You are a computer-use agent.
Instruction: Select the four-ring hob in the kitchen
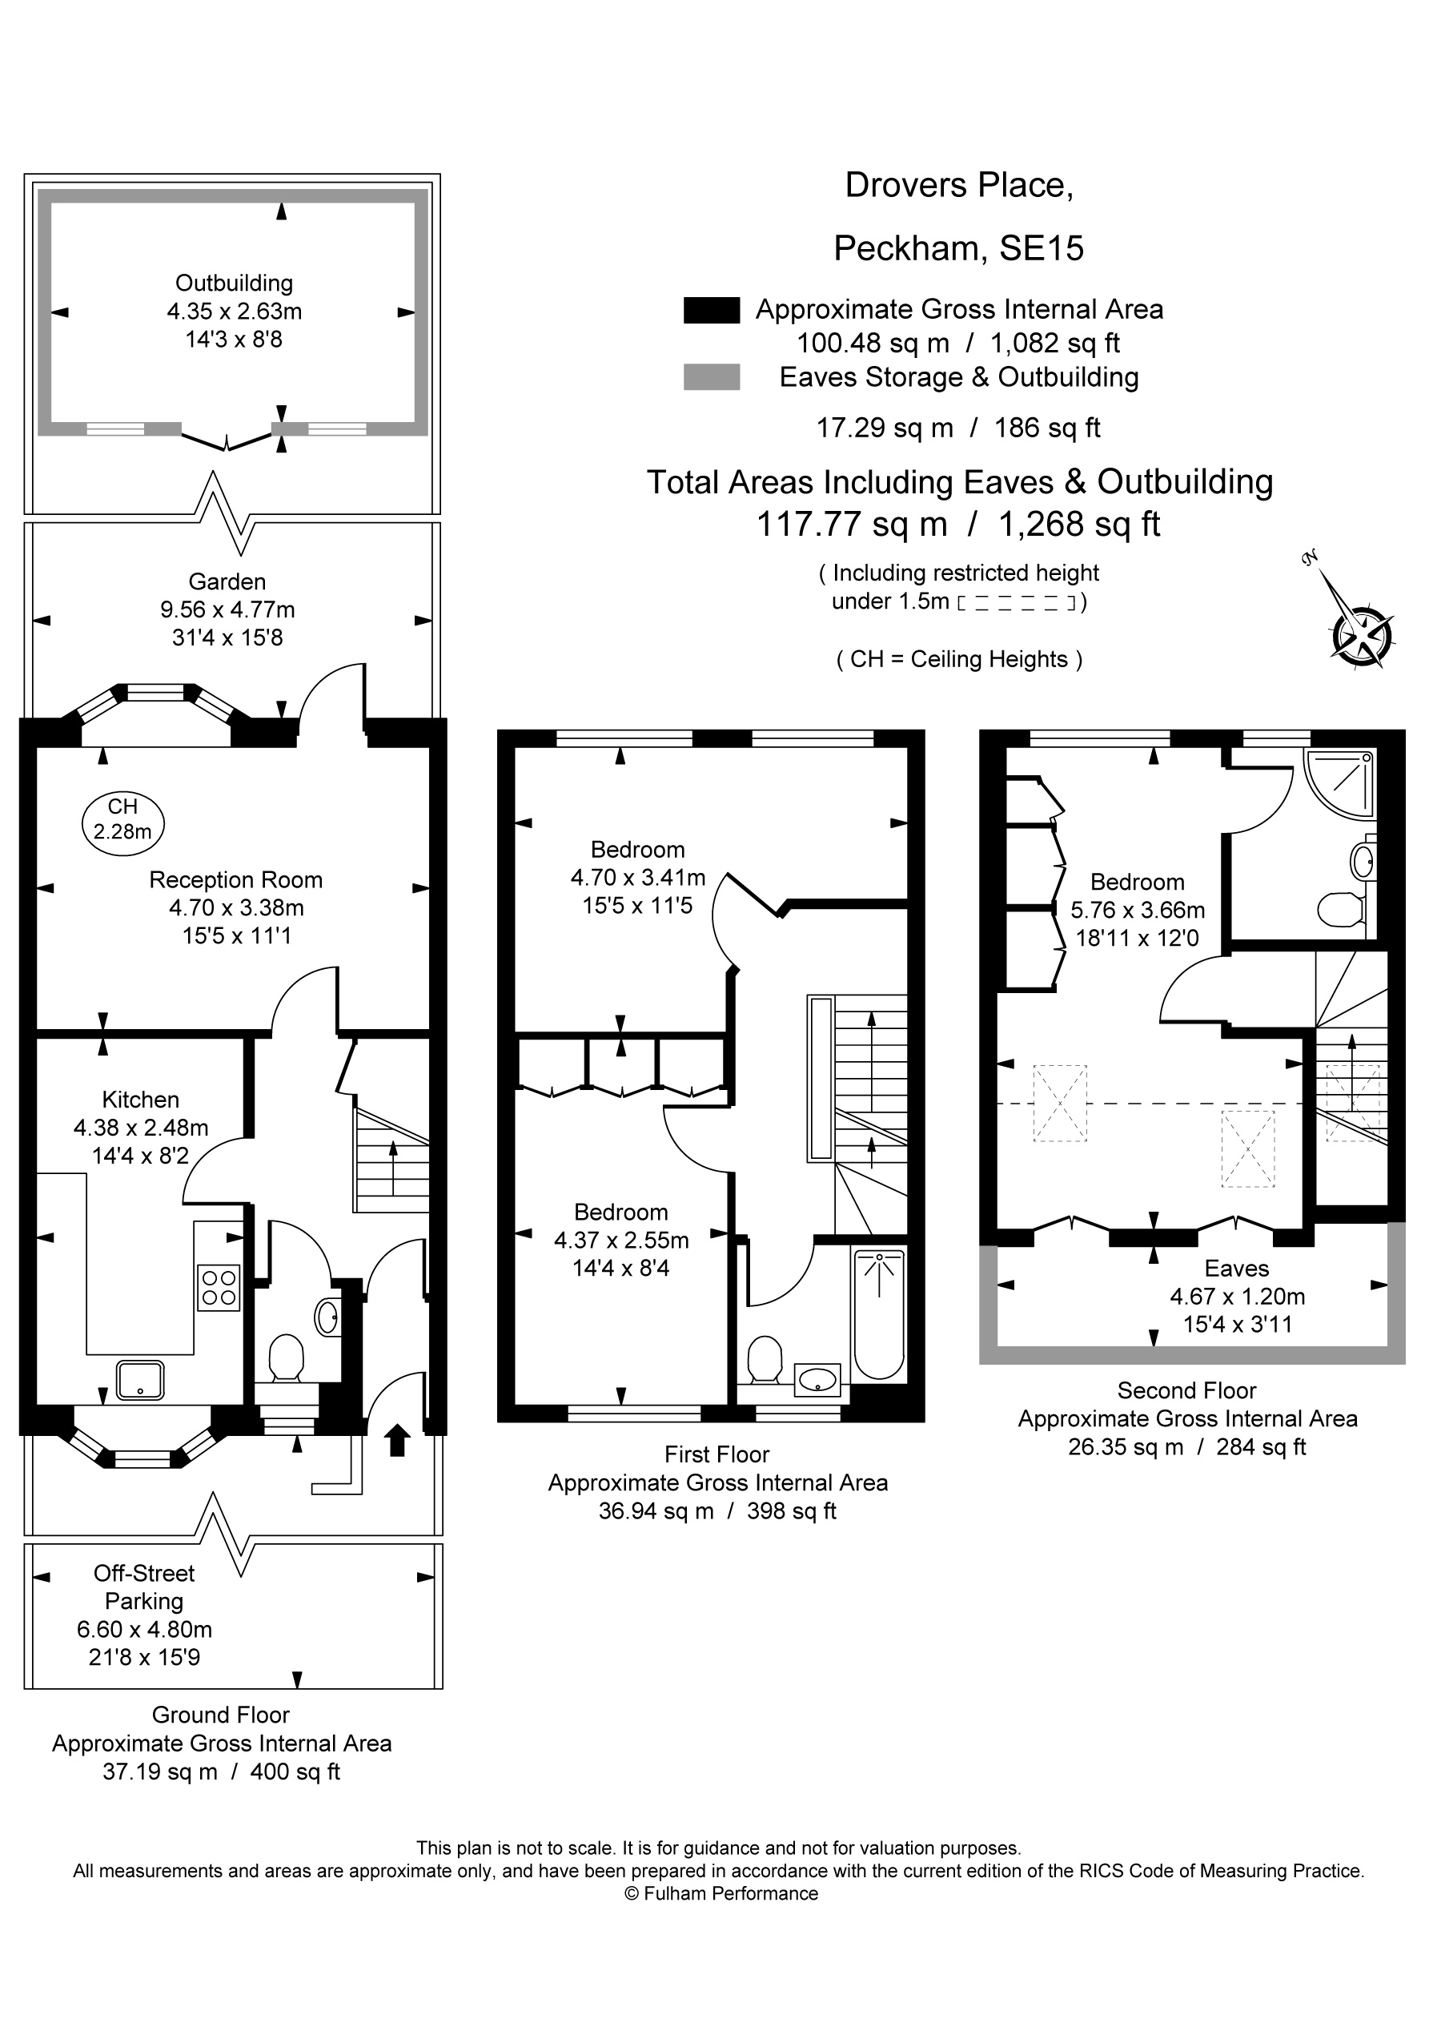click(219, 1287)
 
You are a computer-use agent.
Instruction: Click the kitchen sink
click(140, 1380)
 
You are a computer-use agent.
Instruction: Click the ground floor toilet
click(286, 1362)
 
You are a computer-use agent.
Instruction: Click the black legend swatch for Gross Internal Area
click(712, 310)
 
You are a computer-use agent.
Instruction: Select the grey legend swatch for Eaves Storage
click(712, 377)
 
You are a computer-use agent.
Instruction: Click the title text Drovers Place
click(959, 185)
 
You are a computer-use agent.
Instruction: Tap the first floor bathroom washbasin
click(818, 1380)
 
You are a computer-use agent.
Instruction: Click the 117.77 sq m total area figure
click(852, 525)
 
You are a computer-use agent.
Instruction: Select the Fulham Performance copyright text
click(721, 1894)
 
